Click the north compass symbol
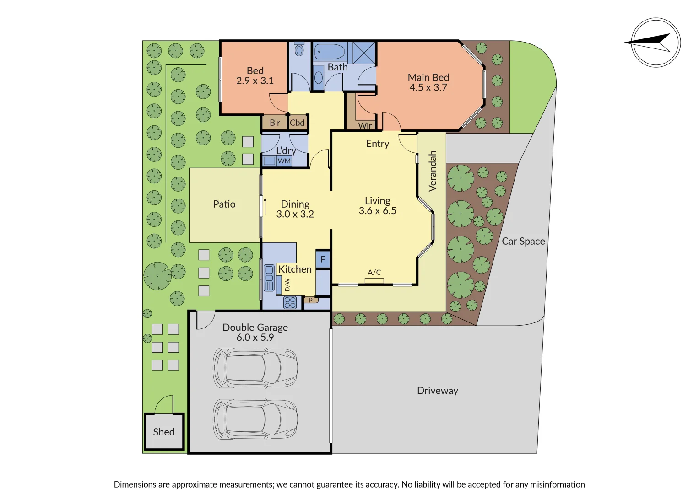coord(656,43)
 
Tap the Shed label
coord(164,432)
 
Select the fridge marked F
coord(323,259)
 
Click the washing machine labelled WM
coord(284,161)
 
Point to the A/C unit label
coord(374,272)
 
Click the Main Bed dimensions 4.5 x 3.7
coord(428,87)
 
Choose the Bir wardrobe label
coord(275,123)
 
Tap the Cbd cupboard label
coord(297,123)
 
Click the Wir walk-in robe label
coord(365,125)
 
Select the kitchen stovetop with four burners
coord(290,302)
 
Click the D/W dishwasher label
coord(287,285)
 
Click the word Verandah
coord(433,171)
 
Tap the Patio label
coord(224,204)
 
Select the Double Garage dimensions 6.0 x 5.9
coord(255,338)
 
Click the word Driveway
coord(437,391)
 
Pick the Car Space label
coord(523,241)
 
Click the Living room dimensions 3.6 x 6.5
coord(378,211)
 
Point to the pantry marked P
coord(311,300)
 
